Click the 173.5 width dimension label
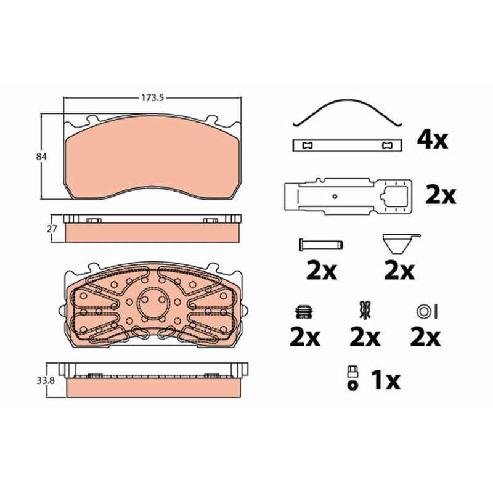click(152, 98)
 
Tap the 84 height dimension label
click(41, 157)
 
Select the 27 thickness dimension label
click(52, 229)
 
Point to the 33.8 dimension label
click(46, 380)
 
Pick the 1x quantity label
click(386, 380)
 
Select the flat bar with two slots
click(348, 145)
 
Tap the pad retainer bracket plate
click(348, 197)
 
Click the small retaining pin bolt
click(321, 244)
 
